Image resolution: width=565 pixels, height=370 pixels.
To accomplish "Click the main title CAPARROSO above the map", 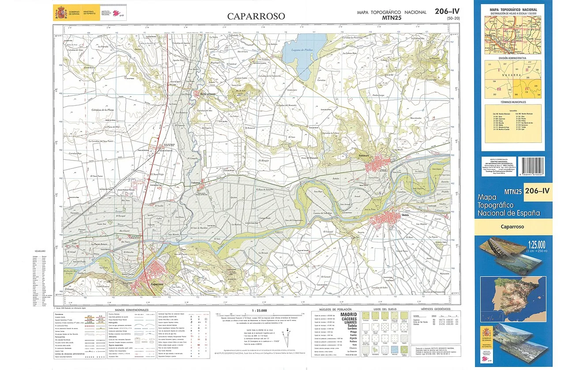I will [256, 16].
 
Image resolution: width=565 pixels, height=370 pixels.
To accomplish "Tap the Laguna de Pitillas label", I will [302, 50].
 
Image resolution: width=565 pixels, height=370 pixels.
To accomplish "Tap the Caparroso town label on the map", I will [158, 284].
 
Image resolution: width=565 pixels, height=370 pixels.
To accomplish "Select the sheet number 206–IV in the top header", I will [447, 11].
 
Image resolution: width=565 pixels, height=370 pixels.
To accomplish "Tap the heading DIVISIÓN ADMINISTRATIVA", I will [512, 58].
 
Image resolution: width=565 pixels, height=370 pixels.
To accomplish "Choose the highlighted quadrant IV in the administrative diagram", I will [527, 89].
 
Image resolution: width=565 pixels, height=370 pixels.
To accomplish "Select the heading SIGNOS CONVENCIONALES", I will [132, 310].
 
